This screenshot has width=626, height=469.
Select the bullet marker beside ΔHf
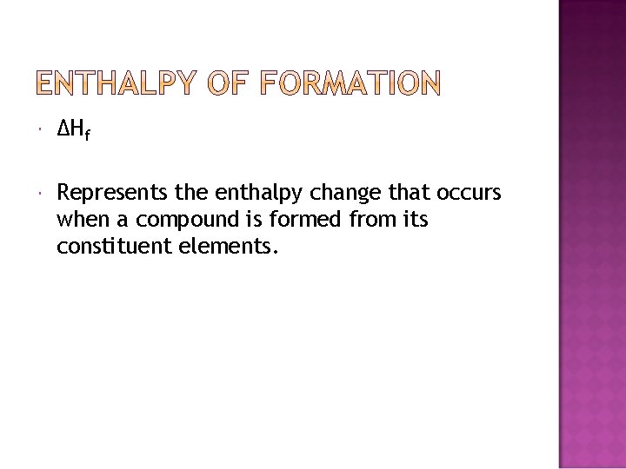[40, 131]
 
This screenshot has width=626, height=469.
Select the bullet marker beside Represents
[40, 193]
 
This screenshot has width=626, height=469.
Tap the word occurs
[469, 193]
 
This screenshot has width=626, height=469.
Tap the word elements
[227, 247]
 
